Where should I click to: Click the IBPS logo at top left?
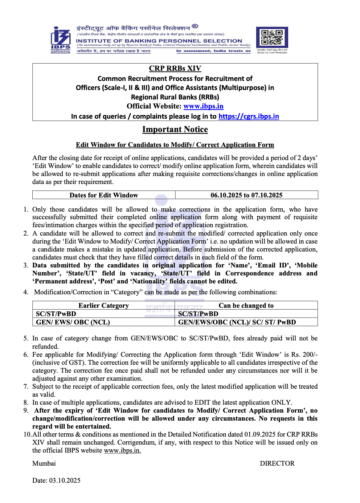point(60,39)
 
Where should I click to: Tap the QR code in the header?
point(272,37)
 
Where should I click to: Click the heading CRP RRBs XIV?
point(175,69)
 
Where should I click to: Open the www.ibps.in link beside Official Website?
point(203,106)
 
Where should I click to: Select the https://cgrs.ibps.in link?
point(249,116)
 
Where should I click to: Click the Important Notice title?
point(175,130)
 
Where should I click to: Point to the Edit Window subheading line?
point(175,145)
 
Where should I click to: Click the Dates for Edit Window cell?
point(104,195)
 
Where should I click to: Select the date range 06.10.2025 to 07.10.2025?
point(246,195)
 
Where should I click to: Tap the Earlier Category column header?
point(103,306)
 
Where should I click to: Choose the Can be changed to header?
point(246,306)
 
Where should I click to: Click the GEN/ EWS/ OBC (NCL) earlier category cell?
point(73,322)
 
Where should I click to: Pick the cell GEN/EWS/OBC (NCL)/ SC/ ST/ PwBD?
point(237,322)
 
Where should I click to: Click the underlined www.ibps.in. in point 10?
point(122,450)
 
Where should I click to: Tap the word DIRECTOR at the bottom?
point(277,463)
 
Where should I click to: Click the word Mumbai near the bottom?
point(44,463)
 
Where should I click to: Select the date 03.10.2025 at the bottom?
point(65,480)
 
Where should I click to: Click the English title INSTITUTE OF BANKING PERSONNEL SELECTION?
point(159,41)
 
